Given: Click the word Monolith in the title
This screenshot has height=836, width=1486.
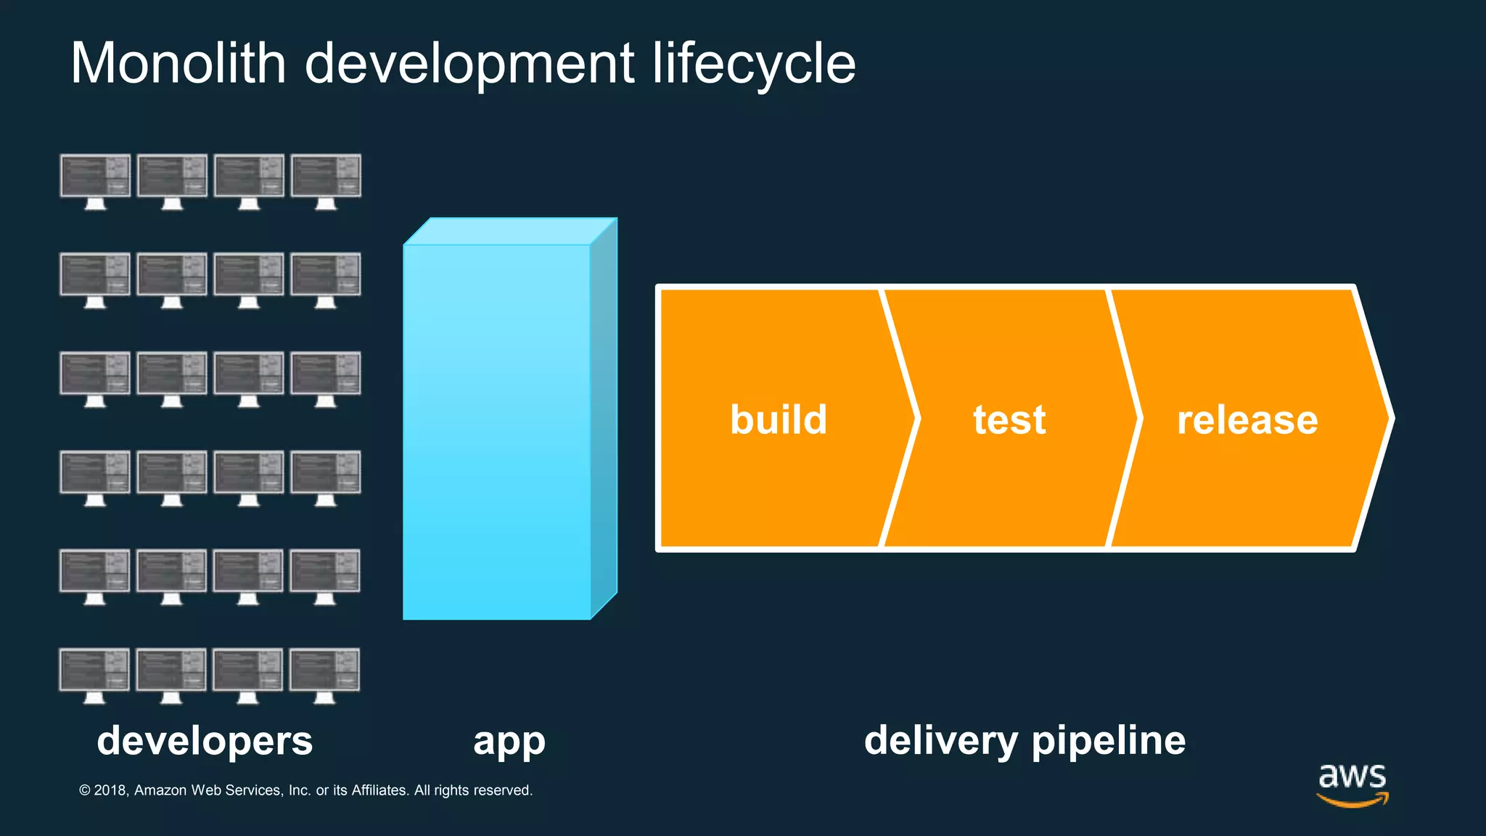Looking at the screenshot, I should point(178,64).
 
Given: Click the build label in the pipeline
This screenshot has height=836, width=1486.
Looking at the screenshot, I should point(779,419).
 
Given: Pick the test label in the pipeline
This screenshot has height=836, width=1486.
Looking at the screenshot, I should point(1009,419).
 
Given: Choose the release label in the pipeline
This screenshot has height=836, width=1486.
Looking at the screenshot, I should point(1247,419).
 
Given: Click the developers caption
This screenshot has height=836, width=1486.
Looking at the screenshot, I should point(205,741).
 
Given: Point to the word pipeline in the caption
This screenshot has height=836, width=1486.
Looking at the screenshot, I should point(1108,741).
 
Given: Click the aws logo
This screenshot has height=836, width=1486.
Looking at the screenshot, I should point(1352,783).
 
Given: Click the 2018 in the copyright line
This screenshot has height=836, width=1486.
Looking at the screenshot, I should point(110,790).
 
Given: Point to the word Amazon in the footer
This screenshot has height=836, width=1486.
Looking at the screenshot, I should point(160,790).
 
